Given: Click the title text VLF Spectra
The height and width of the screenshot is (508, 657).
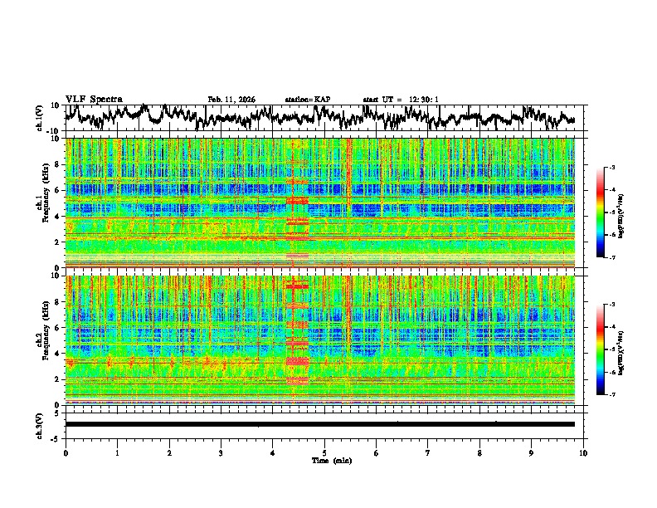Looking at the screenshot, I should pyautogui.click(x=94, y=99).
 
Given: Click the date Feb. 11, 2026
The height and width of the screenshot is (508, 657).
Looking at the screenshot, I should pyautogui.click(x=231, y=100).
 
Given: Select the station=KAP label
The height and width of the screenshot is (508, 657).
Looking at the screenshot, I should pyautogui.click(x=308, y=100).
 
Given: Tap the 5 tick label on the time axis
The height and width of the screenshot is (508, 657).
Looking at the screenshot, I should pyautogui.click(x=324, y=452).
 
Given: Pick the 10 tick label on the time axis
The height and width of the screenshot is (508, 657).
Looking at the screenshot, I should pyautogui.click(x=583, y=452).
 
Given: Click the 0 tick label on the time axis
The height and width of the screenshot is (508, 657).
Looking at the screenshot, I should pyautogui.click(x=66, y=452).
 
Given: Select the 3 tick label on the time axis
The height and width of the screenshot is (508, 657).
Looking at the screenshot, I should pyautogui.click(x=221, y=452).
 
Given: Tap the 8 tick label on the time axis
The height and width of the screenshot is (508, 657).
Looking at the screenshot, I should pyautogui.click(x=479, y=452).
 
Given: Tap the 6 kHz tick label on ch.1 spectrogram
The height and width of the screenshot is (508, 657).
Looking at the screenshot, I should pyautogui.click(x=57, y=190).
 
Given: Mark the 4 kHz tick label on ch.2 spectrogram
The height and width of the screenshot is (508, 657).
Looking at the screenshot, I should pyautogui.click(x=57, y=353).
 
